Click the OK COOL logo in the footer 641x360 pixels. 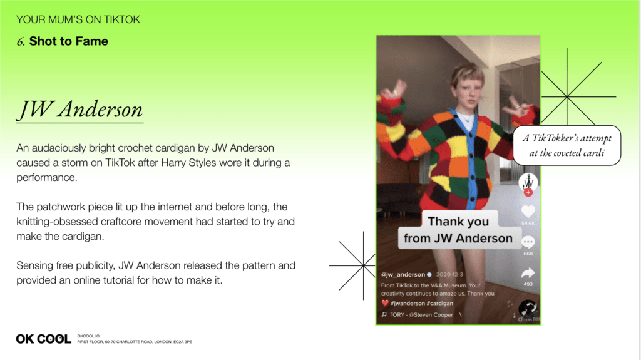[x=43, y=339]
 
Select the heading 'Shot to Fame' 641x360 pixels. [x=69, y=41]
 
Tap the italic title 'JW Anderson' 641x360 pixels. [x=80, y=110]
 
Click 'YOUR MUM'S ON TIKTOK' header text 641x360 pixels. [x=78, y=19]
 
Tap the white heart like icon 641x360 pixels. [x=528, y=212]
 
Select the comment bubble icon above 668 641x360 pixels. [x=528, y=242]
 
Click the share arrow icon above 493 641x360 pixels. [x=528, y=273]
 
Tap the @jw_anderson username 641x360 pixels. [x=403, y=274]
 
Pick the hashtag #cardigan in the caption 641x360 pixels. [x=440, y=303]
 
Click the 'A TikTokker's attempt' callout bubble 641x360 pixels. [x=567, y=145]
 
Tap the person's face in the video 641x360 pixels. [x=468, y=93]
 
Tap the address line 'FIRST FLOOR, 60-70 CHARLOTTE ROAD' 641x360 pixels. [x=135, y=342]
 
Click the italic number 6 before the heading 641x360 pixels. [x=21, y=42]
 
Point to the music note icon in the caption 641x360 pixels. [x=384, y=314]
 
